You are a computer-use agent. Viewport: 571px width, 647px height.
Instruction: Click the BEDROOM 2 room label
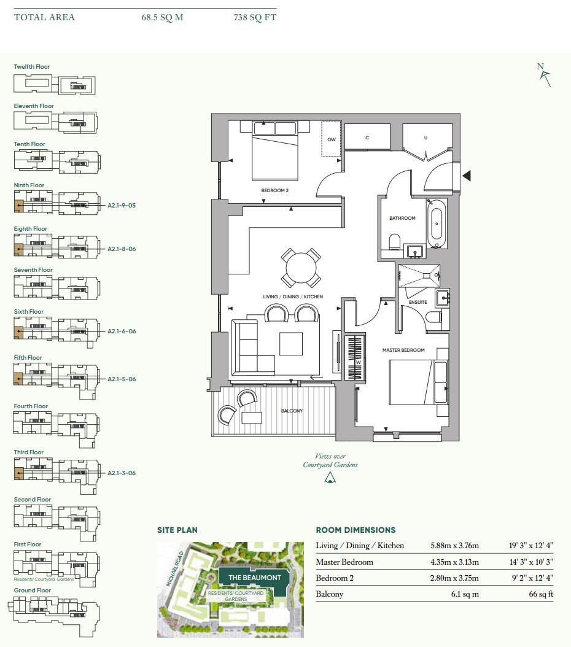(275, 191)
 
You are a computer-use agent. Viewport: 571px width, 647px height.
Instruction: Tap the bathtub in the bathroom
(437, 223)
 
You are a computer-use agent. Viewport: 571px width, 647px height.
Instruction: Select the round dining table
(301, 268)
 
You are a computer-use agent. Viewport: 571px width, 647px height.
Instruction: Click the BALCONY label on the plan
(292, 411)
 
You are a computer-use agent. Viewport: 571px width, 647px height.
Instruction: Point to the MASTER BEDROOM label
(403, 350)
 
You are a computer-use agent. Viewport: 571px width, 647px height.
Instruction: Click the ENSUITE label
(418, 302)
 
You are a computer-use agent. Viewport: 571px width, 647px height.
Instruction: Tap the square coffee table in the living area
(291, 344)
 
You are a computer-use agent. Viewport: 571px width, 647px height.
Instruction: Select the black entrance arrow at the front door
(467, 176)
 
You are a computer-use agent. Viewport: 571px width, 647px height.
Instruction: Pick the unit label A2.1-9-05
(122, 205)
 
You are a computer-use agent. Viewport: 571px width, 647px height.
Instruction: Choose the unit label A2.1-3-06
(122, 473)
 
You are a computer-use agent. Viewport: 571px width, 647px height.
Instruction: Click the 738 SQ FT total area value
(255, 17)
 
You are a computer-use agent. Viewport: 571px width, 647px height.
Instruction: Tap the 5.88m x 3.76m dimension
(455, 546)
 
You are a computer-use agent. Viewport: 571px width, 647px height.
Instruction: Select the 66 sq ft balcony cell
(541, 594)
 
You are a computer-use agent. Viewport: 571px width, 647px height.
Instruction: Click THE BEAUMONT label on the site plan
(255, 578)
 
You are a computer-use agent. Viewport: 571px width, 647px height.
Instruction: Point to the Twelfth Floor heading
(32, 67)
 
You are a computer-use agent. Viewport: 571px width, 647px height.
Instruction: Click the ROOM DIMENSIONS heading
(355, 530)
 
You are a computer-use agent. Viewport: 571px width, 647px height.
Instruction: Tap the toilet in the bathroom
(394, 242)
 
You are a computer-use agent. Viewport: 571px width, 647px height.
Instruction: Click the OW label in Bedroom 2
(332, 139)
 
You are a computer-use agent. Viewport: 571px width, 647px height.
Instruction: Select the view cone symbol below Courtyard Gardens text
(330, 478)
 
